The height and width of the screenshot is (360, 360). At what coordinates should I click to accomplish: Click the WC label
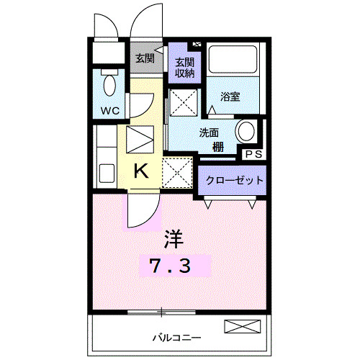click(x=109, y=110)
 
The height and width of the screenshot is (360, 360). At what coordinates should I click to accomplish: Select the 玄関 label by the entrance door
click(x=145, y=58)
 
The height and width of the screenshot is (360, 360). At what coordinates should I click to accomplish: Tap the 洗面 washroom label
click(x=212, y=132)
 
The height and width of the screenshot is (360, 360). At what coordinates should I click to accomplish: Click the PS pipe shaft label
click(x=253, y=154)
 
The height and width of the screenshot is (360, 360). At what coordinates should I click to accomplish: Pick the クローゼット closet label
click(x=235, y=180)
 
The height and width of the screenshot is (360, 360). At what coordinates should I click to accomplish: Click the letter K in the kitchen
click(x=142, y=171)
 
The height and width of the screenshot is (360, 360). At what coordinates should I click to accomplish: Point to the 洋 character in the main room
click(x=174, y=237)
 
